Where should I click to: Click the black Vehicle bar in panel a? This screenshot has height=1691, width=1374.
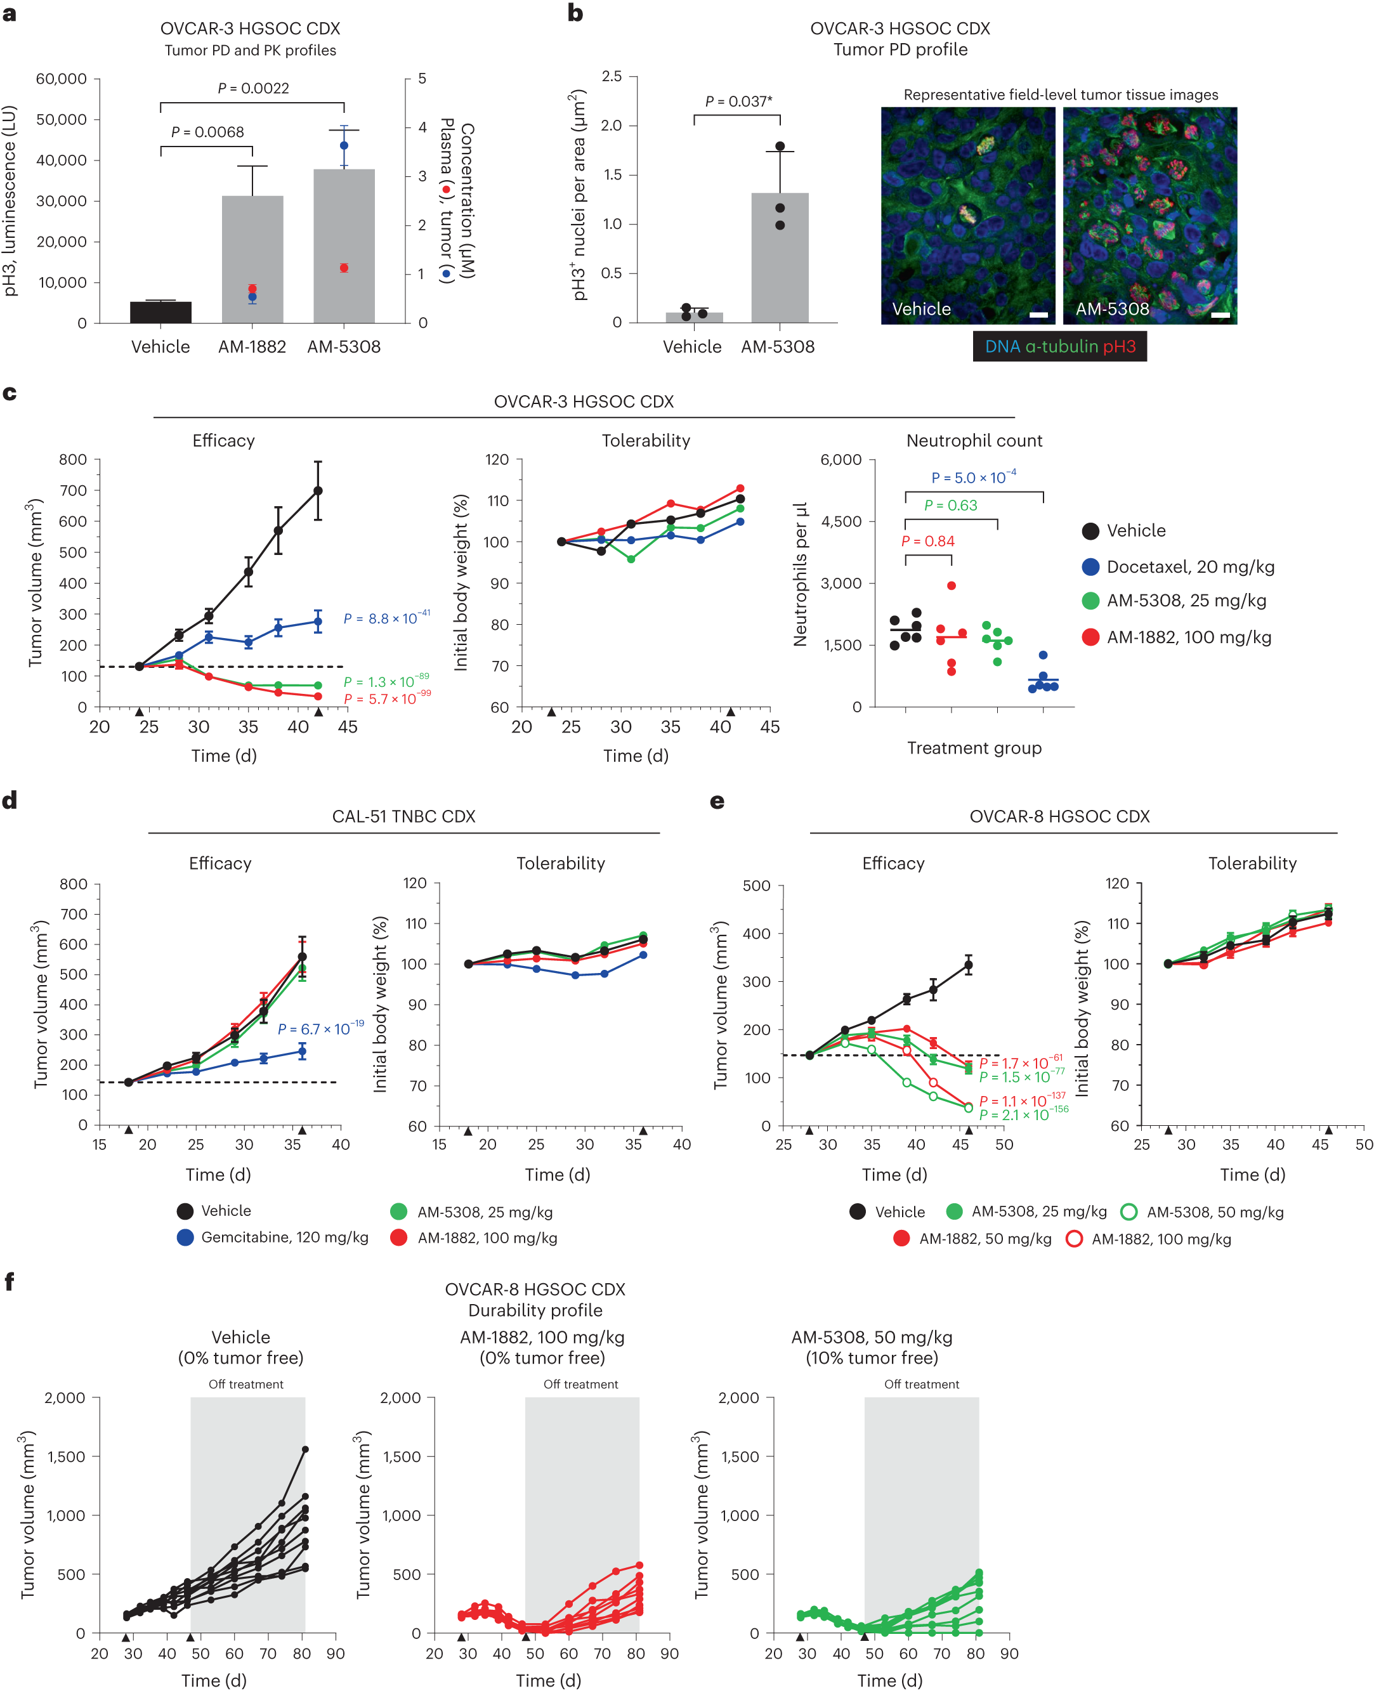(x=160, y=312)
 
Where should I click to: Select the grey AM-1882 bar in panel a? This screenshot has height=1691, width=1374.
(x=252, y=261)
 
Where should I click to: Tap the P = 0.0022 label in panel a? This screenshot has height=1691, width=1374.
(x=253, y=88)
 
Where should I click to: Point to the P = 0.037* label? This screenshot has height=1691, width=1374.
(x=738, y=101)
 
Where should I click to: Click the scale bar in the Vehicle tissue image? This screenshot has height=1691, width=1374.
(x=1038, y=315)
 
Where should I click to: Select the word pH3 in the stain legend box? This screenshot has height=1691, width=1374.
(x=1119, y=346)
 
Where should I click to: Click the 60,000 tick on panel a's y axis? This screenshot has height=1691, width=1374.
(x=61, y=79)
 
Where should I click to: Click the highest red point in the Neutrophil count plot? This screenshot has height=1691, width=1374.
(x=952, y=585)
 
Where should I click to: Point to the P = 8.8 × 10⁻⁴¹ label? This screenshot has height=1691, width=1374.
(x=386, y=618)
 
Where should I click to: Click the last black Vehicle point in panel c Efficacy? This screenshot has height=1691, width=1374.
(x=318, y=490)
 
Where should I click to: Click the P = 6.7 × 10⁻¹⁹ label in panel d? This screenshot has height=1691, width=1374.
(x=320, y=1029)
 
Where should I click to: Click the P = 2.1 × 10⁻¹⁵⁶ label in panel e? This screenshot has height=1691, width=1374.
(x=1023, y=1114)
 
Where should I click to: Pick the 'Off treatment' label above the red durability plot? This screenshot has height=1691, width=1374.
(x=581, y=1384)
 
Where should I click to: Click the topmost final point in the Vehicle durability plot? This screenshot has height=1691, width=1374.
(x=304, y=1449)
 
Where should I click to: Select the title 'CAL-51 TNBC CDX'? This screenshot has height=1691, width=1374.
(x=403, y=816)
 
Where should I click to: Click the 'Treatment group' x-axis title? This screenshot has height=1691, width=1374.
(x=974, y=748)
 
